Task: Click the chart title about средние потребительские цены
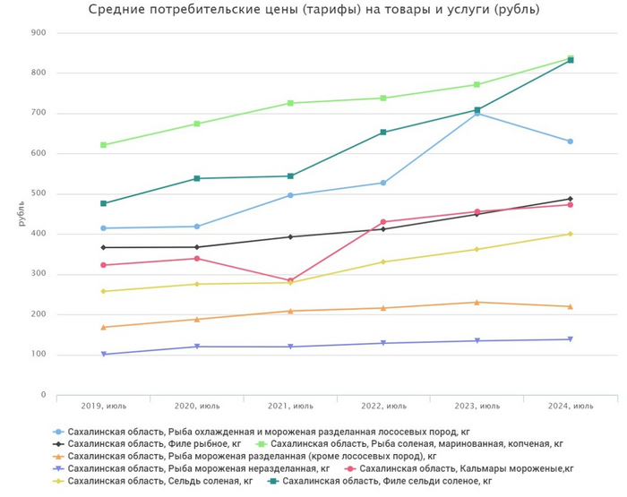313,10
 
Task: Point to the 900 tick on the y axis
39,33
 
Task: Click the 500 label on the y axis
39,194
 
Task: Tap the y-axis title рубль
21,214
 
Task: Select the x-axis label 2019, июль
103,406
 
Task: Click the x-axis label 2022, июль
382,406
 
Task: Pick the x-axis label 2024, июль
570,406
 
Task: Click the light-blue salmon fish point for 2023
477,114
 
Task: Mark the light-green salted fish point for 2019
103,145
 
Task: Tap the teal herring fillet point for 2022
383,133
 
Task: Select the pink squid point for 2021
290,280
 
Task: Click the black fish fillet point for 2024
570,199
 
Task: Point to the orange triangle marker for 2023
477,302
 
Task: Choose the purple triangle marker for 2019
103,355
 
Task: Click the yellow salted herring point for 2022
383,261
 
